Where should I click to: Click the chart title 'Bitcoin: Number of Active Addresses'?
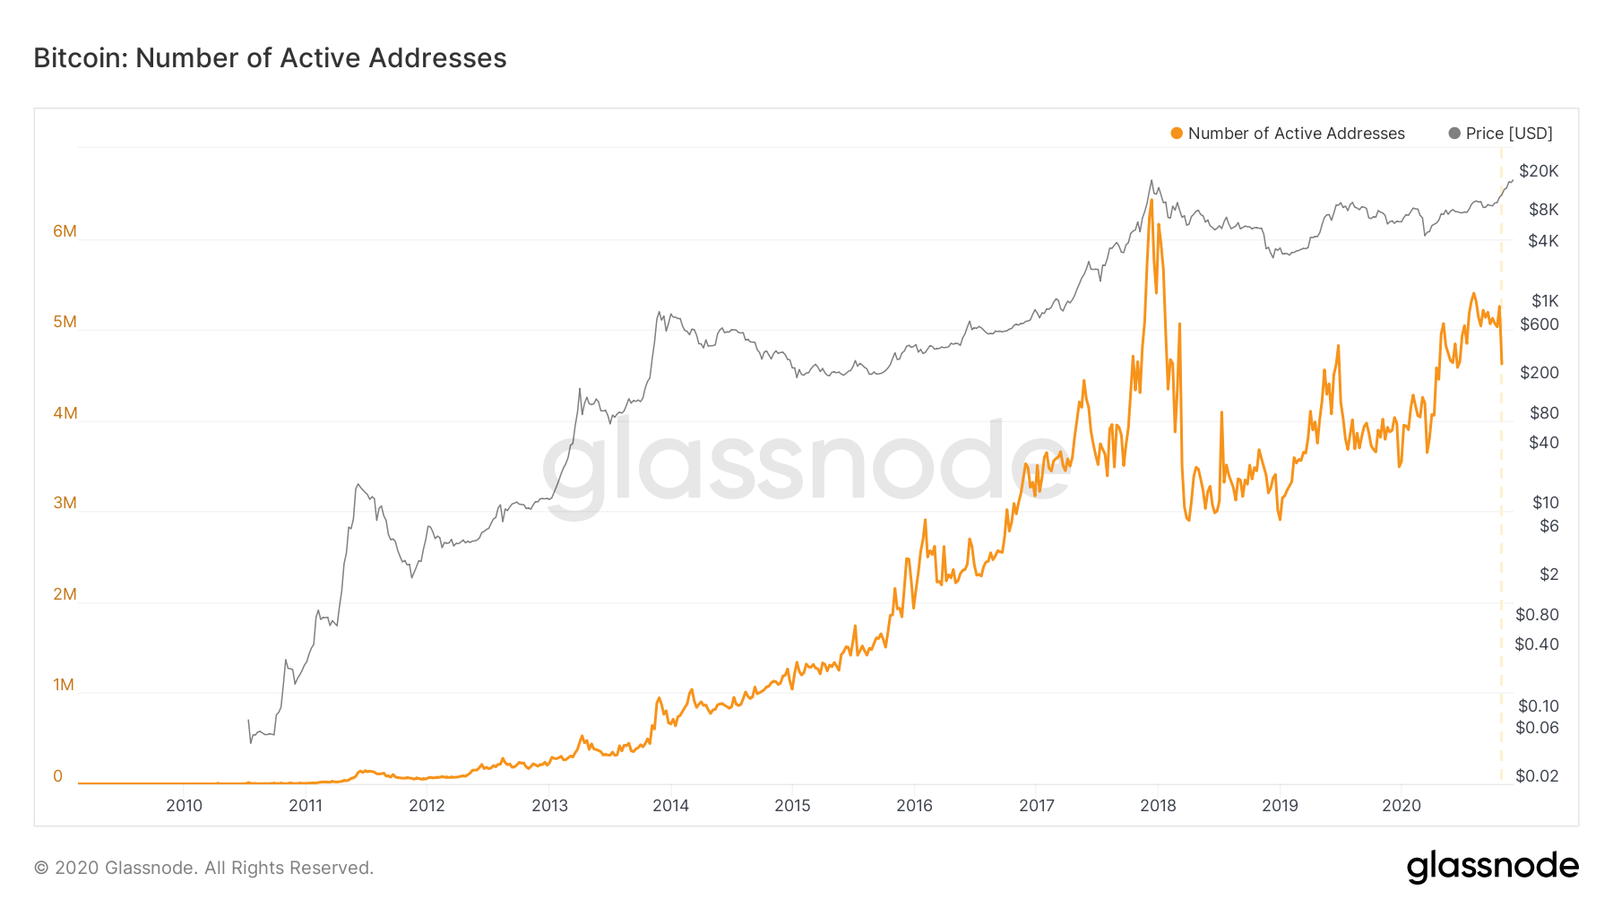point(270,58)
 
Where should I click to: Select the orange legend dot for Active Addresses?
point(1177,134)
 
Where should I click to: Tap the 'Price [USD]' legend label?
point(1509,134)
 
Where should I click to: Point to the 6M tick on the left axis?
point(65,231)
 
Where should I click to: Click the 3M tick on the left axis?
point(65,503)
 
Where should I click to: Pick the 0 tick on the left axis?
point(58,776)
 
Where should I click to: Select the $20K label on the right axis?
point(1539,171)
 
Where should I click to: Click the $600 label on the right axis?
point(1539,324)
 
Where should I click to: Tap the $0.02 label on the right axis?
point(1537,776)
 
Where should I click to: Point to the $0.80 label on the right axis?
point(1537,615)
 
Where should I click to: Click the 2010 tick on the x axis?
point(184,806)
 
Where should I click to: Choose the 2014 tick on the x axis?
point(670,806)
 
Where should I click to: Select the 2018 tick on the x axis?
point(1158,806)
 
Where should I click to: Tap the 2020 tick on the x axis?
point(1402,806)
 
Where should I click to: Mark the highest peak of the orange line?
point(1151,201)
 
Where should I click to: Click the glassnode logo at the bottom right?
point(1492,867)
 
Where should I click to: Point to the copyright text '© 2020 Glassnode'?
point(203,868)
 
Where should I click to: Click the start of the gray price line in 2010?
point(248,721)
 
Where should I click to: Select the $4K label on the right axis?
point(1543,241)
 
